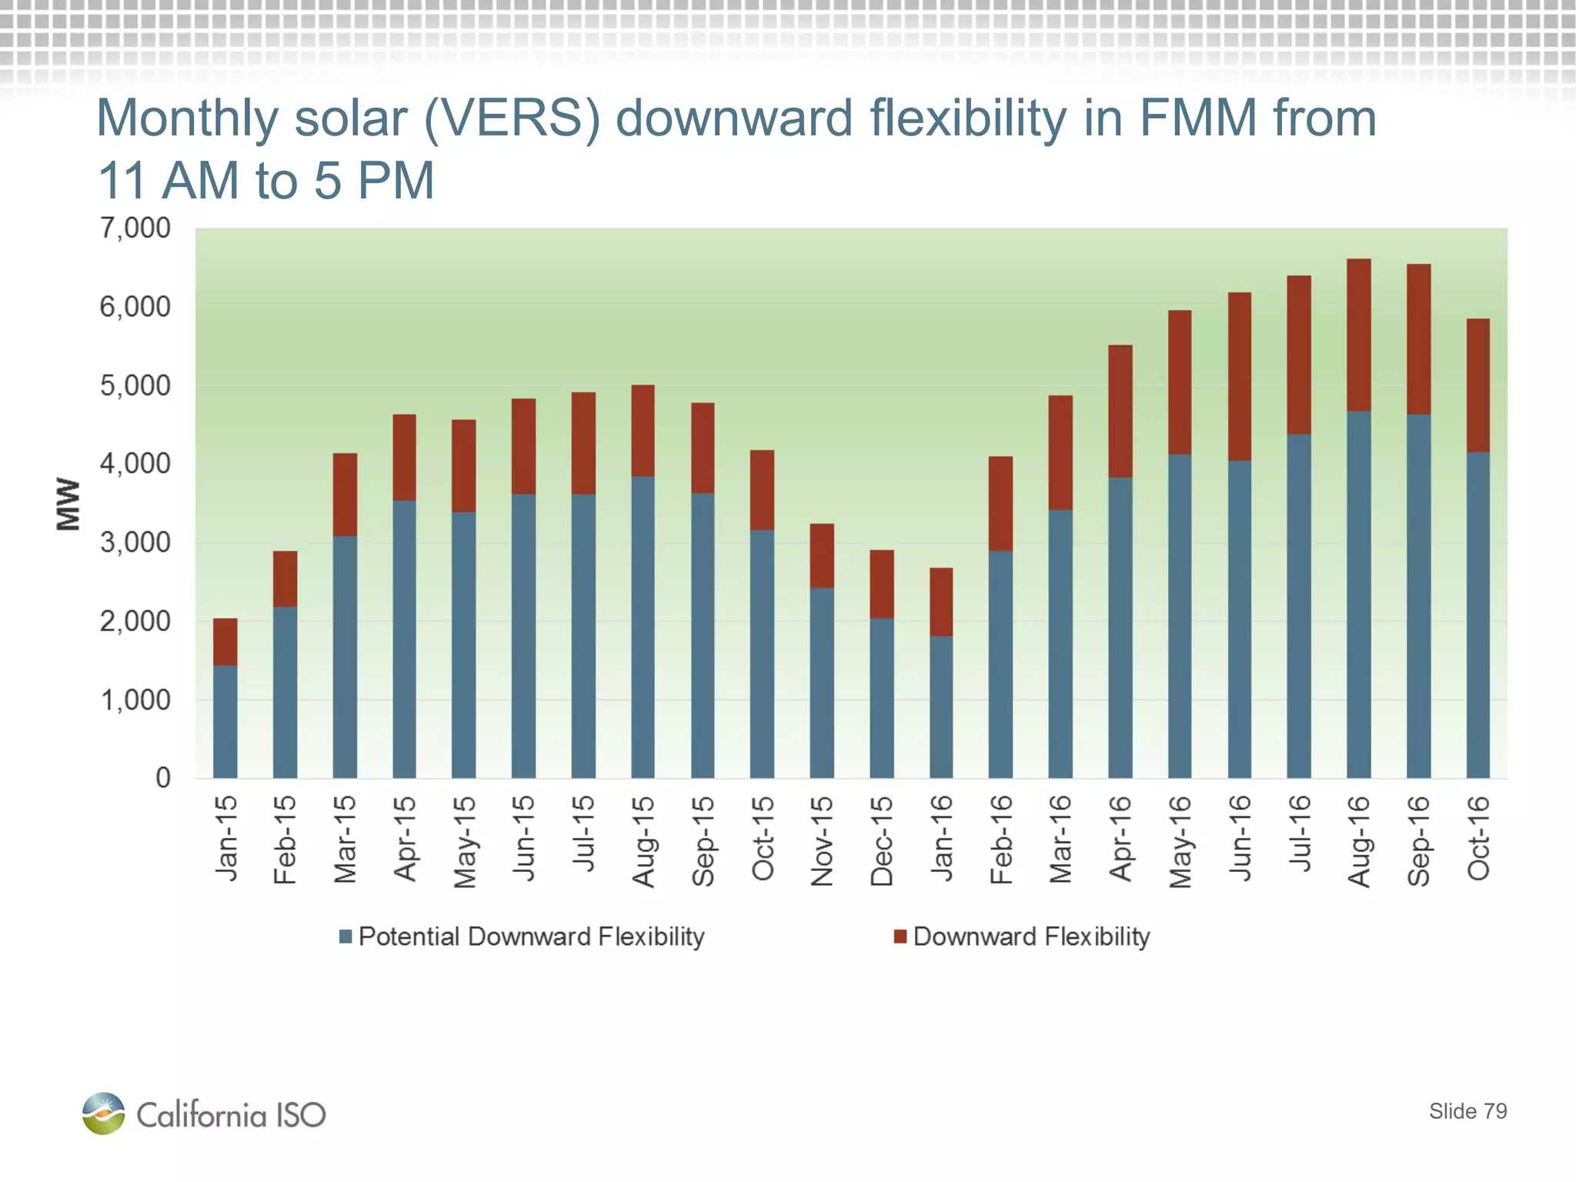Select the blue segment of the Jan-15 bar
pyautogui.click(x=225, y=722)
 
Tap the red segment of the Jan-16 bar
pyautogui.click(x=940, y=602)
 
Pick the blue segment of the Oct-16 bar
pyautogui.click(x=1477, y=616)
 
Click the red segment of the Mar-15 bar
pyautogui.click(x=345, y=495)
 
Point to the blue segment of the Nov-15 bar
pyautogui.click(x=821, y=683)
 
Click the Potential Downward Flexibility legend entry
pyautogui.click(x=531, y=937)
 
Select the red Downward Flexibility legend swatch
pyautogui.click(x=900, y=937)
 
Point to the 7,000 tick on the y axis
pyautogui.click(x=135, y=229)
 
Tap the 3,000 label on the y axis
pyautogui.click(x=135, y=543)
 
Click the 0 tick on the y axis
pyautogui.click(x=162, y=778)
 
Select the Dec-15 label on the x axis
pyautogui.click(x=882, y=841)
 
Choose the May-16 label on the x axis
pyautogui.click(x=1180, y=841)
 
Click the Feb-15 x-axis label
pyautogui.click(x=285, y=840)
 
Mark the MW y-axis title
pyautogui.click(x=68, y=504)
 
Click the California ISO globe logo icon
pyautogui.click(x=103, y=1113)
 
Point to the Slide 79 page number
pyautogui.click(x=1467, y=1111)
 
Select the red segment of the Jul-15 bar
pyautogui.click(x=583, y=443)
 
